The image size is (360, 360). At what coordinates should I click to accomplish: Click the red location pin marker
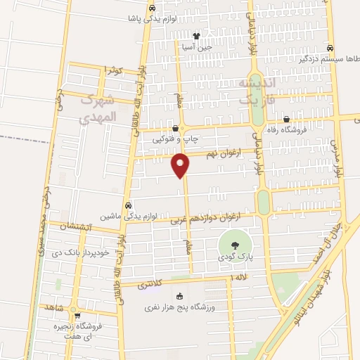click(x=181, y=165)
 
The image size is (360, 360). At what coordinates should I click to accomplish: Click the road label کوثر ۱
click(x=113, y=70)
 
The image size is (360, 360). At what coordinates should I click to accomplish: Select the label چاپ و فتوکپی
click(x=174, y=139)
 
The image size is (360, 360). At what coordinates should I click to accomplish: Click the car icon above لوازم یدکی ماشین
click(x=127, y=205)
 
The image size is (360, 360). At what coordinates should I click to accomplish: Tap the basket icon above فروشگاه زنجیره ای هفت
click(x=77, y=315)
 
